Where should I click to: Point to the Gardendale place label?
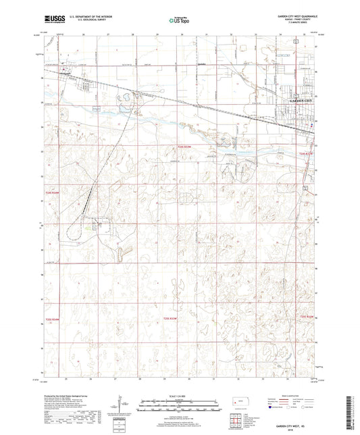(x=200, y=66)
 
